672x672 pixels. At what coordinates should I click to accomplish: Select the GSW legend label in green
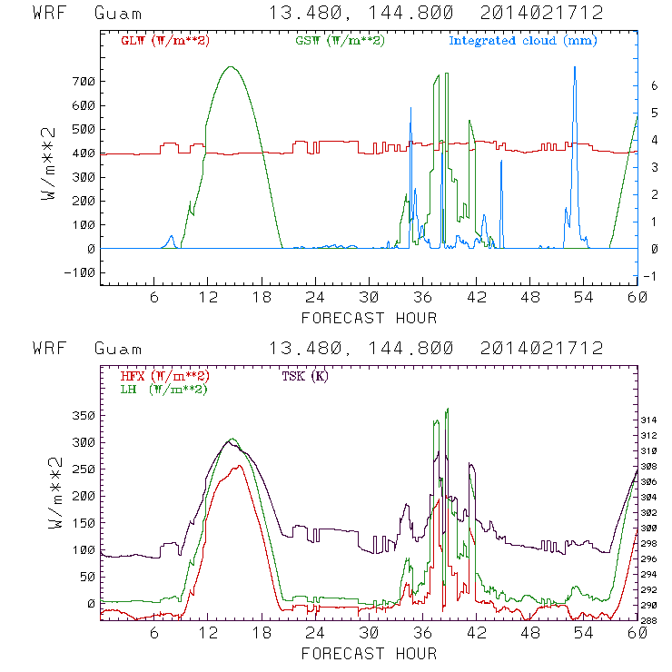pyautogui.click(x=341, y=41)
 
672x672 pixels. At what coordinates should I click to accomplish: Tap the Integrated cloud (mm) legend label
pyautogui.click(x=523, y=41)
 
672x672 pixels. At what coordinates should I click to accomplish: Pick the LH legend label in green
pyautogui.click(x=163, y=389)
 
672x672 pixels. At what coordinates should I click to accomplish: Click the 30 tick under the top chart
pyautogui.click(x=368, y=298)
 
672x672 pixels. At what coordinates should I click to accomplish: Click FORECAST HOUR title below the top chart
pyautogui.click(x=368, y=318)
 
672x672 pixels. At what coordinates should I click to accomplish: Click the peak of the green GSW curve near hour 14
pyautogui.click(x=231, y=66)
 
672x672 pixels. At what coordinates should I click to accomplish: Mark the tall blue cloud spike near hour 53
pyautogui.click(x=574, y=67)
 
